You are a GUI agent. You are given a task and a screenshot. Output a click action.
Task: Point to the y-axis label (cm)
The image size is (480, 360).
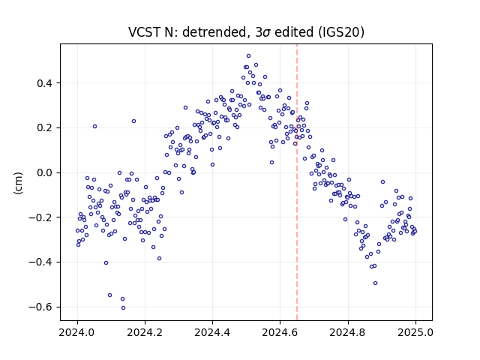click(x=18, y=183)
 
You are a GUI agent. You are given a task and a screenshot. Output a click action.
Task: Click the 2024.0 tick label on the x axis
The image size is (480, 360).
click(x=77, y=332)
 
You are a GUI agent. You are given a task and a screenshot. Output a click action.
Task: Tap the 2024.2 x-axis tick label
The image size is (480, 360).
click(x=145, y=332)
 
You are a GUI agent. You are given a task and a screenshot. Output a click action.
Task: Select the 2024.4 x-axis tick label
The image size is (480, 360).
click(x=212, y=332)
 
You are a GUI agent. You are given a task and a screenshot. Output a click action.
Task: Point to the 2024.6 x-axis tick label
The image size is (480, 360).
click(x=280, y=332)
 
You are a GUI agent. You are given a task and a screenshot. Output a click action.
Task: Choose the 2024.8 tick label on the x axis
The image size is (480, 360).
click(x=348, y=332)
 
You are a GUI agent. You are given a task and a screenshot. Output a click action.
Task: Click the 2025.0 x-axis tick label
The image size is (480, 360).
click(x=415, y=332)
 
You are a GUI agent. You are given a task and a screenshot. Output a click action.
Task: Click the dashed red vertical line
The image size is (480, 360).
click(x=297, y=182)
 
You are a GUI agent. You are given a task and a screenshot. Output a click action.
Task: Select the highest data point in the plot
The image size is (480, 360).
click(x=248, y=56)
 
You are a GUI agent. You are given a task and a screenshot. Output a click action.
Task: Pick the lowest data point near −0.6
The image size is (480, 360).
click(x=123, y=308)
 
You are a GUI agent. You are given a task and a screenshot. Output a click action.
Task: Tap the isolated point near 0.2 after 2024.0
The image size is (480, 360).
click(x=95, y=127)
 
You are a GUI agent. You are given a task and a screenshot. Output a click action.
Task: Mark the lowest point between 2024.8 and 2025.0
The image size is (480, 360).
click(x=375, y=283)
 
